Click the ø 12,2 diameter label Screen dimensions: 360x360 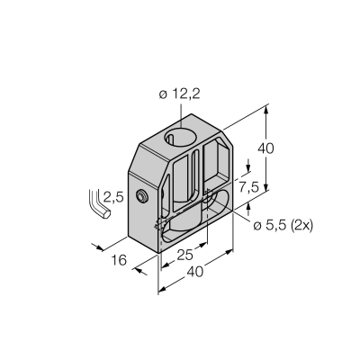click(179, 94)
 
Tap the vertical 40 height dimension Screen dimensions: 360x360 click(265, 148)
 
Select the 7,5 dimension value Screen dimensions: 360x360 click(248, 187)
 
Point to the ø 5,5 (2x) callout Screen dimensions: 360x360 click(283, 225)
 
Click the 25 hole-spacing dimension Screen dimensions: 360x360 click(184, 256)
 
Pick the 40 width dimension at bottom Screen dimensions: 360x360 click(195, 272)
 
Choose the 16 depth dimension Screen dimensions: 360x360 click(119, 260)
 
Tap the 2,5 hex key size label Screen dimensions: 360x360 click(113, 197)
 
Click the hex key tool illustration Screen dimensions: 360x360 click(99, 204)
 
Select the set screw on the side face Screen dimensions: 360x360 click(141, 196)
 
